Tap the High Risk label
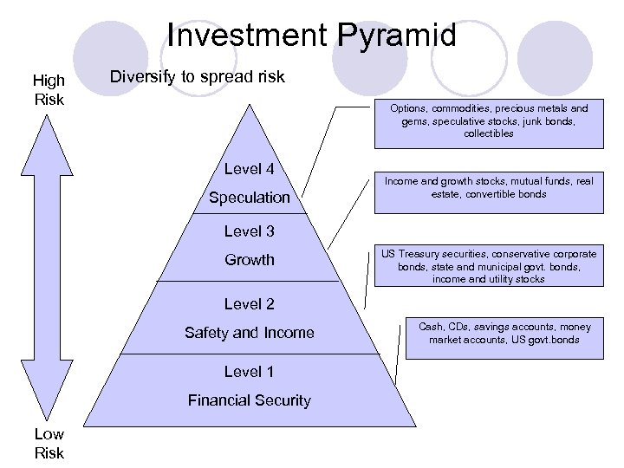point(49,89)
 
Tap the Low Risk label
point(49,442)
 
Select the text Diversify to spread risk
point(198,77)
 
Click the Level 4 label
point(249,169)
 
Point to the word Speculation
point(250,198)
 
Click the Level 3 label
point(249,231)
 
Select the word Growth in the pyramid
point(250,260)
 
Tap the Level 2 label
point(249,304)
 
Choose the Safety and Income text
point(250,333)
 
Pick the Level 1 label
point(249,372)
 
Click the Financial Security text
point(250,400)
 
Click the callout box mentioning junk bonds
point(489,121)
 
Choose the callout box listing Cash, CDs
point(504,334)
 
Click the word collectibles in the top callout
point(489,134)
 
